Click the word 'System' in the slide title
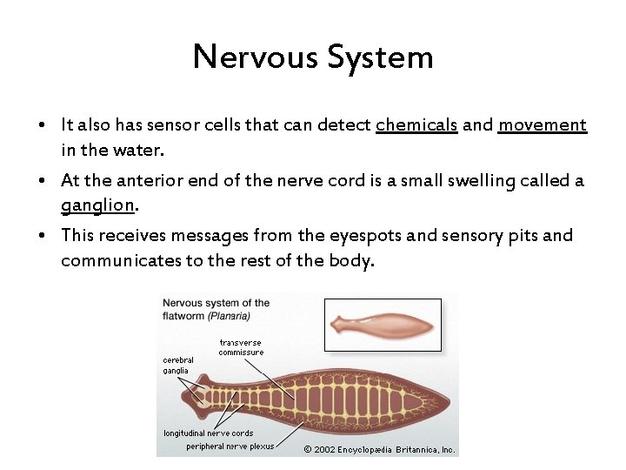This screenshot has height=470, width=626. click(381, 57)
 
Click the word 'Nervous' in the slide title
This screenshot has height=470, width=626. click(256, 57)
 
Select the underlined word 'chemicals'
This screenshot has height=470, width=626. click(416, 125)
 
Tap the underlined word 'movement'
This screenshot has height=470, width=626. click(543, 125)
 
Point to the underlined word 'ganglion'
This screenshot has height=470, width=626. click(97, 205)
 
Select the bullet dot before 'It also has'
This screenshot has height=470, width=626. click(42, 125)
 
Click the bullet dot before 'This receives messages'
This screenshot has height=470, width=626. click(42, 236)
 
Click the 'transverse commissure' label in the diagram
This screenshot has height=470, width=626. click(241, 347)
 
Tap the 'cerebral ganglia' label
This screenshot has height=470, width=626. click(178, 365)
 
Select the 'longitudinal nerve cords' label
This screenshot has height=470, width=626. click(209, 433)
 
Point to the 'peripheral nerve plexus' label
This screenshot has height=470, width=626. click(230, 446)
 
